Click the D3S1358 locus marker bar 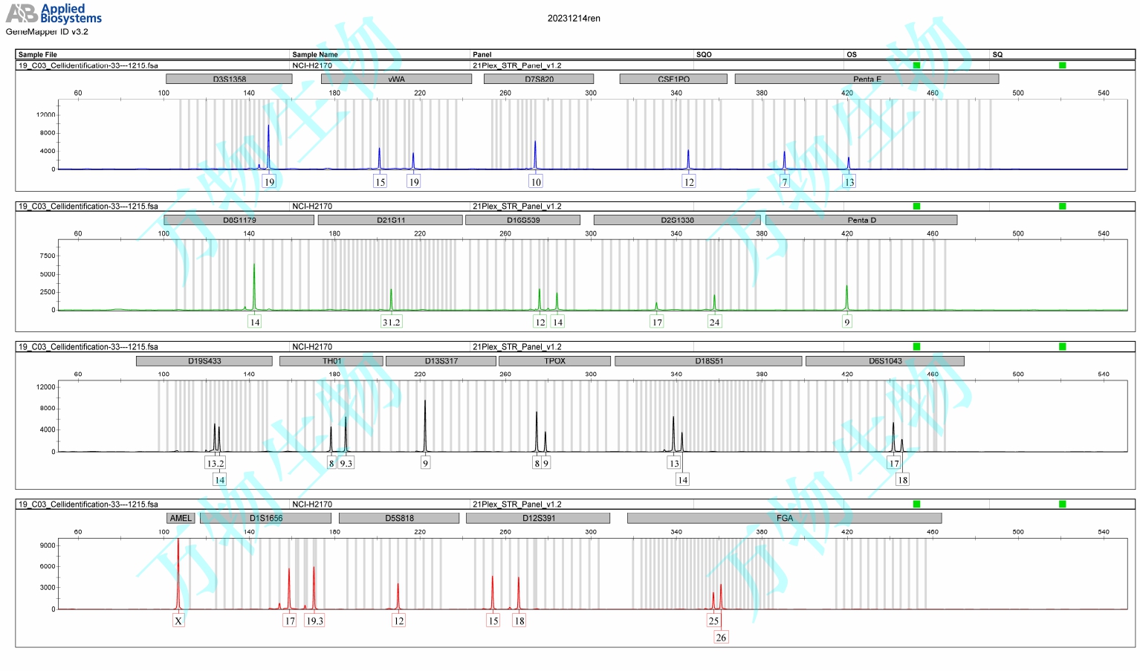point(229,79)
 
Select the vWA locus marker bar point(396,79)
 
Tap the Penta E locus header point(867,79)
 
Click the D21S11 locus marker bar point(390,220)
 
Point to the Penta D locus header point(861,220)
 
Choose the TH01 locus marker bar point(331,361)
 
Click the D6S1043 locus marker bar point(884,361)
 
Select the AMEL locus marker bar point(181,518)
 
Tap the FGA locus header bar point(784,518)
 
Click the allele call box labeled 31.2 point(391,322)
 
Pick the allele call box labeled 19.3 point(314,620)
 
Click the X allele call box point(178,620)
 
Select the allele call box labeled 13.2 point(215,463)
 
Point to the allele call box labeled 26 point(721,638)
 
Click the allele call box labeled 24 point(714,322)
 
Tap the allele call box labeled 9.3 point(346,463)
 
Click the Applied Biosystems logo point(54,13)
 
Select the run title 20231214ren point(574,19)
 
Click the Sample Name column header point(315,54)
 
